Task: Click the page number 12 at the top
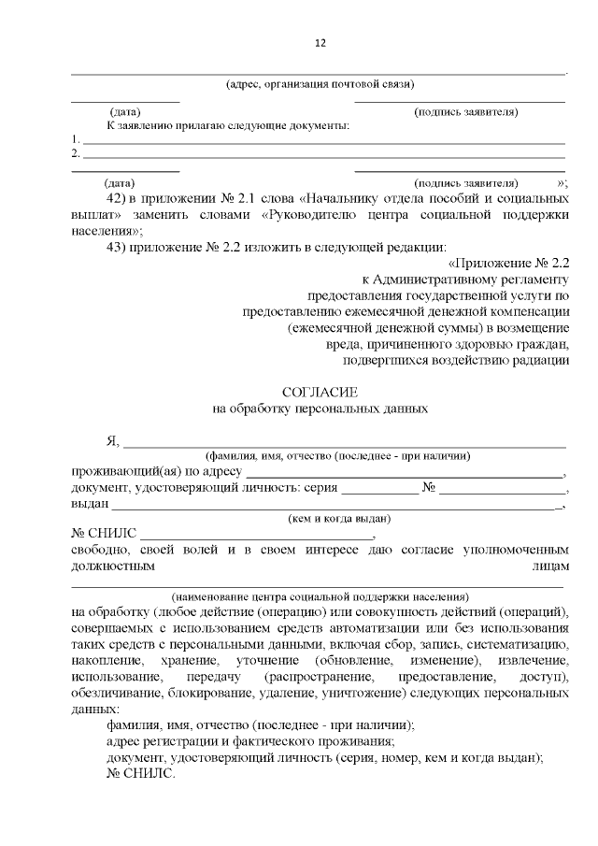(x=320, y=43)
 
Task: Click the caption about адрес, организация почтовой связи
(x=320, y=84)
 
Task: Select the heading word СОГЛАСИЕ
(x=320, y=393)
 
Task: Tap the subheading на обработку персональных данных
(x=320, y=409)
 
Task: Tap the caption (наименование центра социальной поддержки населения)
(x=320, y=595)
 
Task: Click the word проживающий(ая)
(x=119, y=471)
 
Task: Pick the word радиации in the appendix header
(x=541, y=359)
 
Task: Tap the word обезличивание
(x=118, y=692)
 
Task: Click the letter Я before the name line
(x=112, y=441)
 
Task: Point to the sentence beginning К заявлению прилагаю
(x=228, y=125)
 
